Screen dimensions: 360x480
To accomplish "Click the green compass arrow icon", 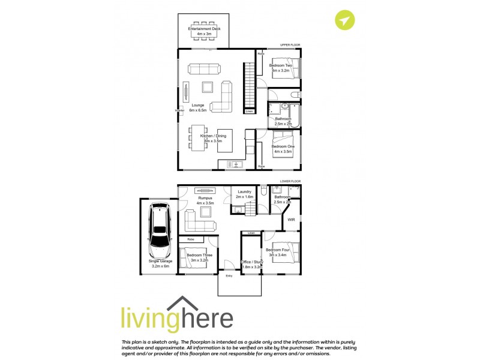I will pos(344,20).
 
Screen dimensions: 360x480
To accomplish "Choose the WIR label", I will pos(291,220).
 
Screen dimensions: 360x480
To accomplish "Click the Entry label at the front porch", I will pos(229,276).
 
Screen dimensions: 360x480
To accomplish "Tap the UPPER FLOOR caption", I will pos(290,45).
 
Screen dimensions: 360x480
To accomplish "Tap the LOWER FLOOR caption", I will pos(290,181).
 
